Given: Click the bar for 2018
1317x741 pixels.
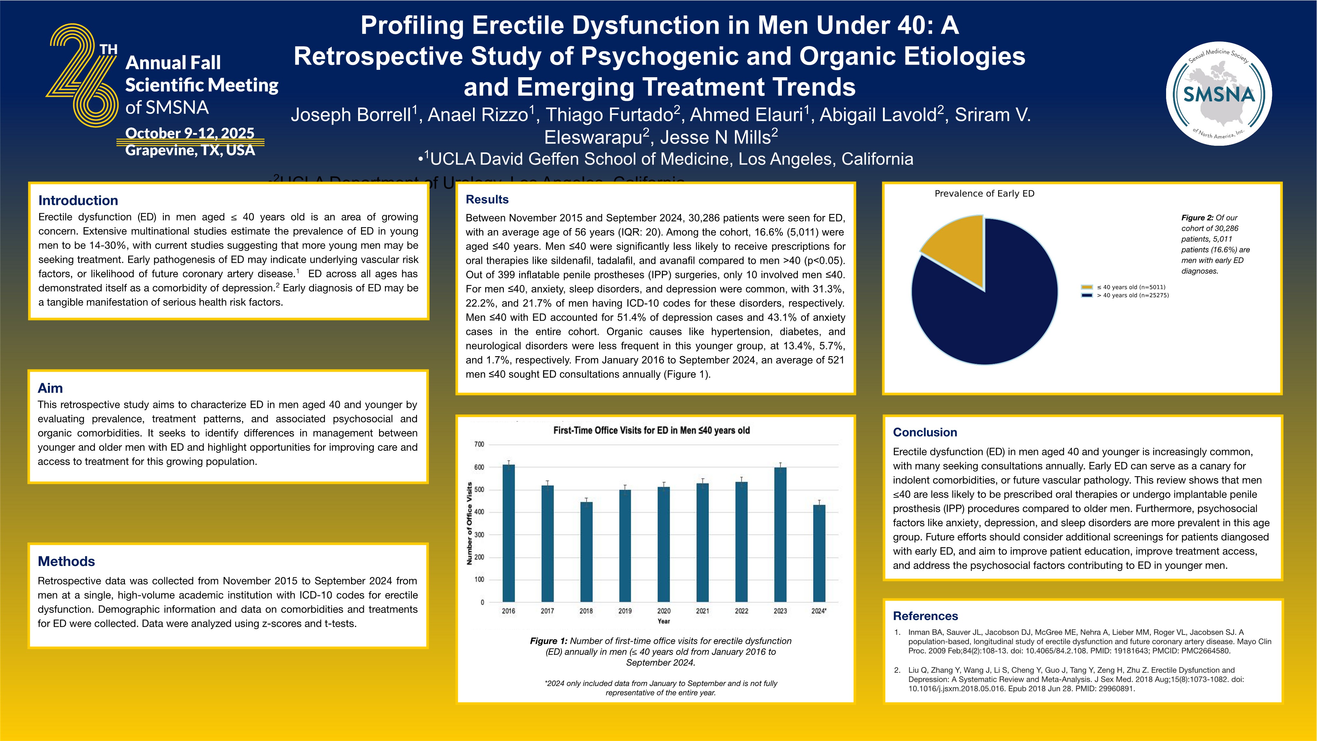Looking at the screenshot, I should pyautogui.click(x=586, y=552).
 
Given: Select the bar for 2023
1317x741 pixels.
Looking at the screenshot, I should pyautogui.click(x=780, y=534).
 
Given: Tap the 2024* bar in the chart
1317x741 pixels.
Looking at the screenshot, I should pyautogui.click(x=819, y=553).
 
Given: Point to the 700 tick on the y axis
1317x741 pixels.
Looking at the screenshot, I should pyautogui.click(x=479, y=444).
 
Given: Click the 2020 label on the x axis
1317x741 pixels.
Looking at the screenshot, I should pyautogui.click(x=663, y=611).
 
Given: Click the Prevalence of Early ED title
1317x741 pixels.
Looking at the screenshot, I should pyautogui.click(x=984, y=194).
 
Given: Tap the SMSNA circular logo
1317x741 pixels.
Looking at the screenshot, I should pyautogui.click(x=1219, y=94).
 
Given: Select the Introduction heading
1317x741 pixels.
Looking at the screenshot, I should pyautogui.click(x=78, y=200).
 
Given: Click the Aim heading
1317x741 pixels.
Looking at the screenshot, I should pyautogui.click(x=50, y=388).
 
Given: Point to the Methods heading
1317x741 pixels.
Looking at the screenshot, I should pyautogui.click(x=67, y=561).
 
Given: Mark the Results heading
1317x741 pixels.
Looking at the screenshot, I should pyautogui.click(x=487, y=199).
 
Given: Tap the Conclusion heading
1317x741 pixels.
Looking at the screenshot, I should pyautogui.click(x=925, y=433).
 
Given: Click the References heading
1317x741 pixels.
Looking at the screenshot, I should pyautogui.click(x=925, y=616).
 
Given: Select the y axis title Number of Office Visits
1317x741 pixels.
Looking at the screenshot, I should pyautogui.click(x=469, y=524).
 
